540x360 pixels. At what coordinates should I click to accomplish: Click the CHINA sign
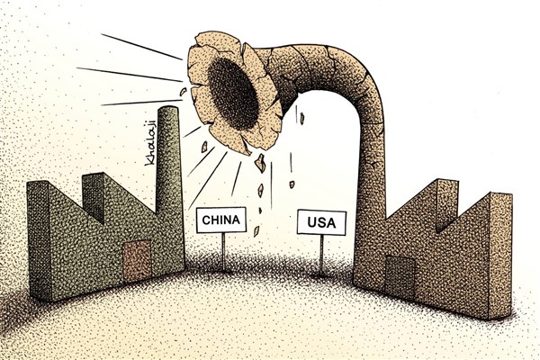(221, 220)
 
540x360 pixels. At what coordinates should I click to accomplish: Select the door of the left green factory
(138, 262)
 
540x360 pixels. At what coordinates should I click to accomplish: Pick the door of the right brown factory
(401, 275)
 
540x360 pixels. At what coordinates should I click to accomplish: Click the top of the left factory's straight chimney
(164, 112)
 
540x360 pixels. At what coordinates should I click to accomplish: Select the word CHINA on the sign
(221, 220)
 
